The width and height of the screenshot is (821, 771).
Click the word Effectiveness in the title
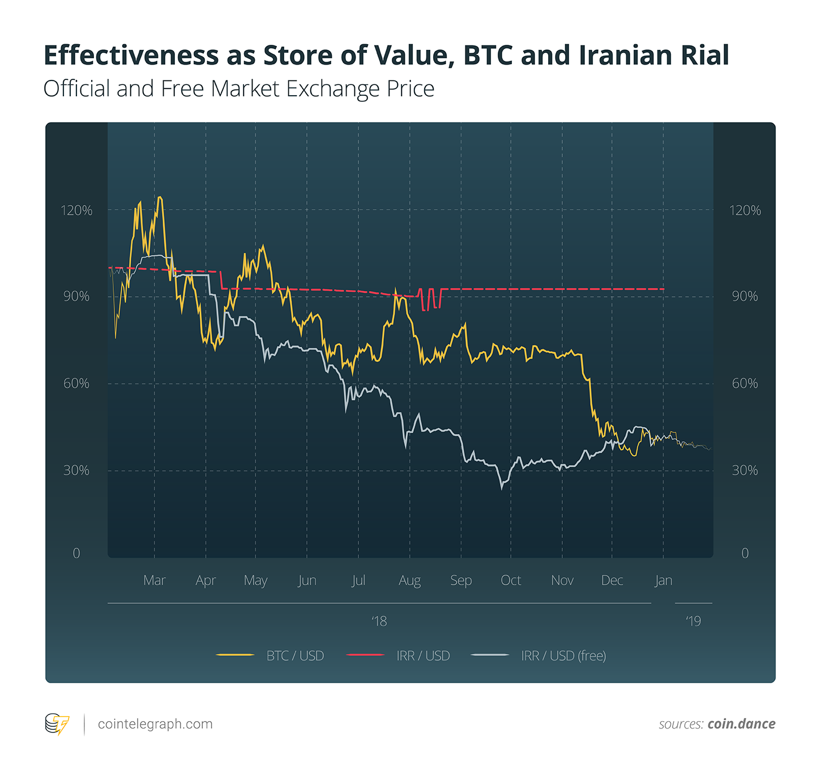(x=131, y=56)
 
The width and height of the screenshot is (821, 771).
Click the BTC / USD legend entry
(x=294, y=655)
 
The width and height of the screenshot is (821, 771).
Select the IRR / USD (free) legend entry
(x=563, y=655)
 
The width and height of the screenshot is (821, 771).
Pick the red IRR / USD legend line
(x=365, y=655)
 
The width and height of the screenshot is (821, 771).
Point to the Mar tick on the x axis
(x=154, y=580)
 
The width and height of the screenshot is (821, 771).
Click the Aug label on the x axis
(x=409, y=580)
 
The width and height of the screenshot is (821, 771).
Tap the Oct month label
(x=511, y=580)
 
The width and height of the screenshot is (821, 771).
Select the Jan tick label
(x=663, y=580)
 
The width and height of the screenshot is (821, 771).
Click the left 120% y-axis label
(x=76, y=210)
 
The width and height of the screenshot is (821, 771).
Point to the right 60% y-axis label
(x=745, y=384)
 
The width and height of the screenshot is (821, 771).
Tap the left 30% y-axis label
(x=76, y=470)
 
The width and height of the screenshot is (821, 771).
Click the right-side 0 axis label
(x=745, y=553)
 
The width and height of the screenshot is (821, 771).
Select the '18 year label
(x=379, y=621)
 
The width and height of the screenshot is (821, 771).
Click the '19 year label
(x=693, y=621)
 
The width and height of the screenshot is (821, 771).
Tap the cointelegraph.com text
(x=155, y=724)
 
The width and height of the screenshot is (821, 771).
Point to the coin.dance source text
(x=741, y=724)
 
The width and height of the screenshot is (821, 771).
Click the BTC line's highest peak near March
(x=160, y=197)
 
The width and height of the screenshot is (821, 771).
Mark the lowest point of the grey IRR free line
(x=502, y=488)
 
